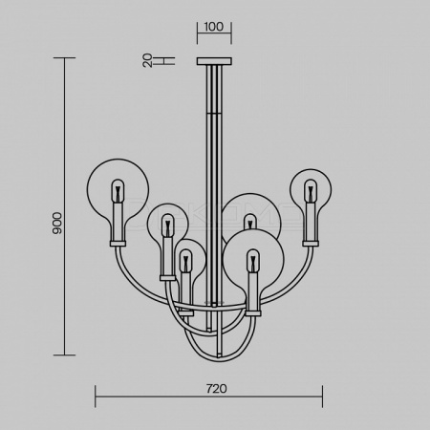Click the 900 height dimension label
[57, 224]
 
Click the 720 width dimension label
[217, 389]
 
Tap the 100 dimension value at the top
[214, 27]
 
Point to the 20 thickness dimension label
[147, 60]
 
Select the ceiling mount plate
[214, 61]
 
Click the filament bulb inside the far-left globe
[118, 191]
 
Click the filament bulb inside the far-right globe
[311, 191]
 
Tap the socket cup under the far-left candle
[118, 244]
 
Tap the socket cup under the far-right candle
[311, 244]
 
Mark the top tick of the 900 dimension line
[65, 58]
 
